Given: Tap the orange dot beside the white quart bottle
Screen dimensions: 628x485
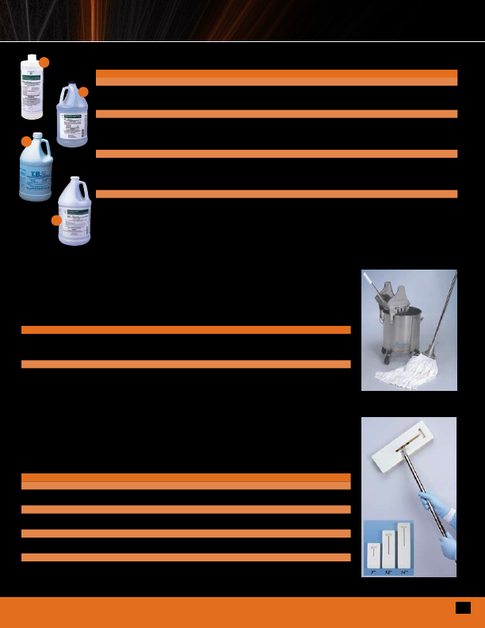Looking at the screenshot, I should pos(44,62).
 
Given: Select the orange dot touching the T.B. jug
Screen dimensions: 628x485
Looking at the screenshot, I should pos(26,141).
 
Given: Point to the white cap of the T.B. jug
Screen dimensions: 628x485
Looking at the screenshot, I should pos(36,137).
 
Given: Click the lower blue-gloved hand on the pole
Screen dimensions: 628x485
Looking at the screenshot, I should pos(449,546).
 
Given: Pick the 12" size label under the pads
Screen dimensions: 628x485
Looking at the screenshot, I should pos(389,572).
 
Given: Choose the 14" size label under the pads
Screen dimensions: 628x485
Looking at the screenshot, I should pos(404,572).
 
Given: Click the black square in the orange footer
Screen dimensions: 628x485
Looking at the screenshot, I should pos(463,607).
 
